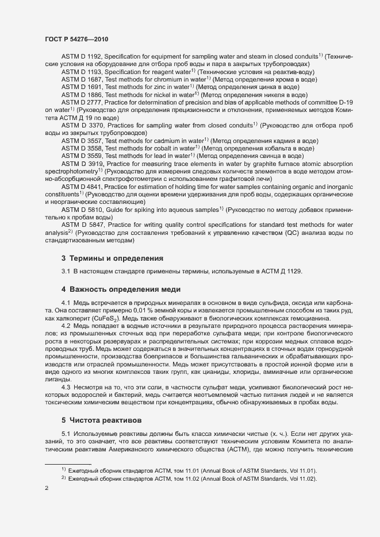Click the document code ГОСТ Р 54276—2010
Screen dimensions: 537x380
click(76, 39)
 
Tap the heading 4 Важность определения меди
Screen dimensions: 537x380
click(121, 289)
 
